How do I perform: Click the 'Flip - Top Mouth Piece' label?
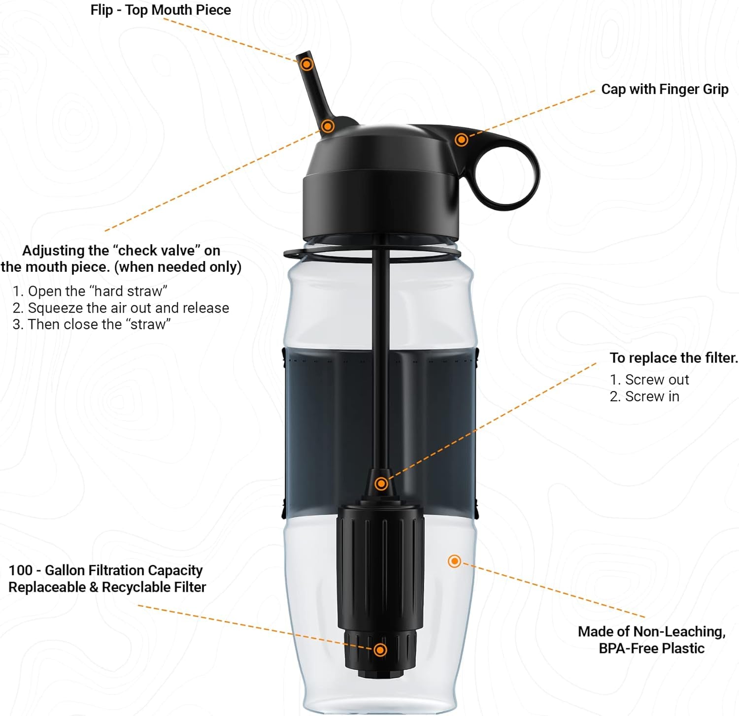161,10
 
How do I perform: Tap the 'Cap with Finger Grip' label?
665,89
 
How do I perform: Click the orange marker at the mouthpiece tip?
307,64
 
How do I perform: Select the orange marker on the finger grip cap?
461,140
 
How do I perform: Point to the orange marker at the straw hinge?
328,127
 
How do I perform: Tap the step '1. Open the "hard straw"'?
91,291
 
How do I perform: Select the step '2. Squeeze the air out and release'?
121,308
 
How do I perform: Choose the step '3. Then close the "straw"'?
92,325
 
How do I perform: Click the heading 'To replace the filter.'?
673,358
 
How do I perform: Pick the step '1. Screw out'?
649,380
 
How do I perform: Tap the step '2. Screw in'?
644,396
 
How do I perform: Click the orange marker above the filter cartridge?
381,484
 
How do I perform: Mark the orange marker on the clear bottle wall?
454,561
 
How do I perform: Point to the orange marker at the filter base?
380,650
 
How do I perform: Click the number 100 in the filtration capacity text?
21,570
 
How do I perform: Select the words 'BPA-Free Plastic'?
651,648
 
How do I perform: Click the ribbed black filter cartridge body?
380,566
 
